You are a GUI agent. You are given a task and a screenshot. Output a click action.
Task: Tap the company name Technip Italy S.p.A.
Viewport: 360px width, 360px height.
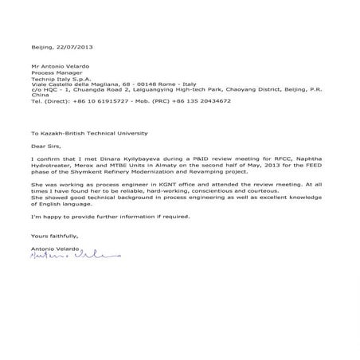click(60, 78)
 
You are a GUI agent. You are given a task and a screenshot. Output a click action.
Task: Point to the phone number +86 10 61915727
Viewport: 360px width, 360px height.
click(97, 101)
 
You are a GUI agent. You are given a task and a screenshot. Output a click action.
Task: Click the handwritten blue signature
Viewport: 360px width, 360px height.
click(72, 255)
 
